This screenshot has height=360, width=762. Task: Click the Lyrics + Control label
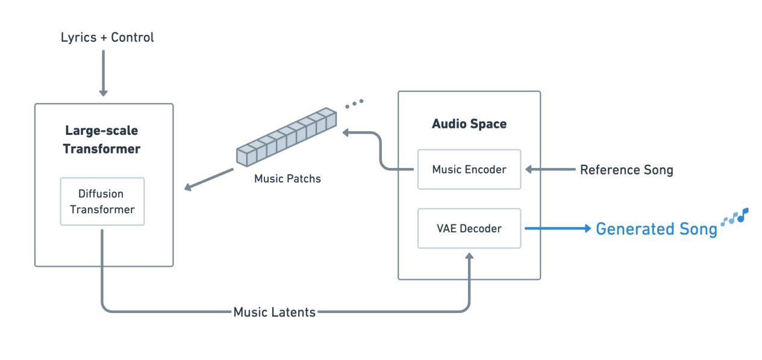(x=108, y=37)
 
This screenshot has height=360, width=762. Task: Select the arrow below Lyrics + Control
(x=103, y=73)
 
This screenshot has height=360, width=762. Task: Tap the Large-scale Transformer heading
(x=104, y=141)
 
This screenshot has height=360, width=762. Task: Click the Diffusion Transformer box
(x=102, y=201)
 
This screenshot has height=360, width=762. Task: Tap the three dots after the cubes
(x=354, y=104)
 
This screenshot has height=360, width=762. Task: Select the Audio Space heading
(x=469, y=125)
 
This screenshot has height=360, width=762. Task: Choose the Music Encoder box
(x=469, y=170)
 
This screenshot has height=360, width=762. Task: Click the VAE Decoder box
(x=469, y=229)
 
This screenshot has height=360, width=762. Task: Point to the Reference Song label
(x=626, y=170)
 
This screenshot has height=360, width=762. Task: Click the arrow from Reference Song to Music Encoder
(x=549, y=170)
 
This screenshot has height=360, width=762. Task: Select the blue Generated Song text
(x=657, y=229)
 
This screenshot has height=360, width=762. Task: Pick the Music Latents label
(x=275, y=312)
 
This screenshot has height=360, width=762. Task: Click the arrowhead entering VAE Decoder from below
(x=469, y=258)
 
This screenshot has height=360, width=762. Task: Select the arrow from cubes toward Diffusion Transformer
(x=208, y=179)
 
